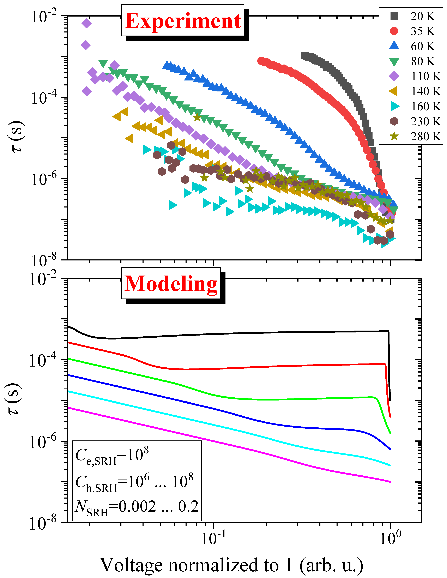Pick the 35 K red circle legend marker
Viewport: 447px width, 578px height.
[x=394, y=31]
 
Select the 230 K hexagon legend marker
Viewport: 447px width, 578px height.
[x=394, y=121]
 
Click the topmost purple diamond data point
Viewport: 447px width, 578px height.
[x=86, y=23]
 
